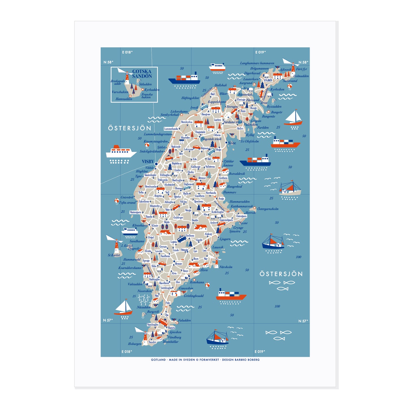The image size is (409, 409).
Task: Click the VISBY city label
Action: [148, 162]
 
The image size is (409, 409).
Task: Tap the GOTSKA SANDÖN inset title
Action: [142, 74]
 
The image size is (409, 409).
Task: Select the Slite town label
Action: [232, 143]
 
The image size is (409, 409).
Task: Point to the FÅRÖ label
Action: [268, 80]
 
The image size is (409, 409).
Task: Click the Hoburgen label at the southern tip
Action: [134, 344]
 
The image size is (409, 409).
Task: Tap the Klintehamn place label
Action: [140, 226]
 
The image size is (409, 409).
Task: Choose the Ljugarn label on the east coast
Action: [225, 239]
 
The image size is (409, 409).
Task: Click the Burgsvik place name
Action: [153, 312]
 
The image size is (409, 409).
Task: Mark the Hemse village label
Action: [178, 264]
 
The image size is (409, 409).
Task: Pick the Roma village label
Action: [178, 188]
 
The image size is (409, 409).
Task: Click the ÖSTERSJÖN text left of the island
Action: [130, 128]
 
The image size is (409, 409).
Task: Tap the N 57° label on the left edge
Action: [108, 320]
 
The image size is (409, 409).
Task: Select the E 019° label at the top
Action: [260, 52]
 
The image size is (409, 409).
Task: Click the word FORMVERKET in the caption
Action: [209, 360]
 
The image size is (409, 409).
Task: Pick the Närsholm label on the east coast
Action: [226, 267]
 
